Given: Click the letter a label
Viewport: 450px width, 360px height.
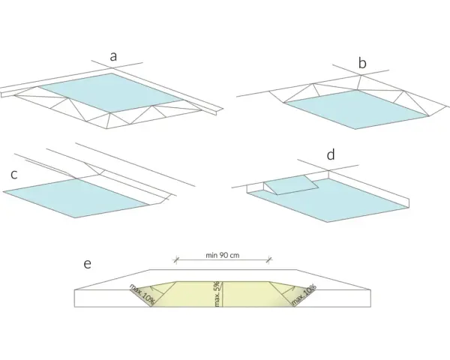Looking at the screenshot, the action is (x=113, y=57).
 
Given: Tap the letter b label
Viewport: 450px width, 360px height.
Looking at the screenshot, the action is (x=362, y=62).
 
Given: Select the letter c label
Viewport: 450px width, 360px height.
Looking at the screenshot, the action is (x=14, y=175).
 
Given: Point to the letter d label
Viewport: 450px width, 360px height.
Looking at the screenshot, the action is (x=331, y=154).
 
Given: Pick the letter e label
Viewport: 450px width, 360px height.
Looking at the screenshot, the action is (x=88, y=264).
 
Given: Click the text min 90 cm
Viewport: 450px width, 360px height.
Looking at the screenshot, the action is (x=223, y=255).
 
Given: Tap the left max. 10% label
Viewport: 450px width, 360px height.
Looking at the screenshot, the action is (x=142, y=294).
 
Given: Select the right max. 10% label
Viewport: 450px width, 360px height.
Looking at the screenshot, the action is (x=304, y=295).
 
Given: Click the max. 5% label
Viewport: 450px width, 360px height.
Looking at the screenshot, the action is (x=217, y=294).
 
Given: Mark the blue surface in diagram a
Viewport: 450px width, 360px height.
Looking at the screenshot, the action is (x=111, y=92).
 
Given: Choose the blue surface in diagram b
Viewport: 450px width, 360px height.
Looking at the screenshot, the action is (x=356, y=109).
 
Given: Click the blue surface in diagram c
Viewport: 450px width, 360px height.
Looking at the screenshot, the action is (x=76, y=198).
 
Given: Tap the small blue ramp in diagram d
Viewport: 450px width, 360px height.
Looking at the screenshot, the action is (x=291, y=185).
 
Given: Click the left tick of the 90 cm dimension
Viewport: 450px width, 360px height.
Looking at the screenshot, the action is (x=176, y=260).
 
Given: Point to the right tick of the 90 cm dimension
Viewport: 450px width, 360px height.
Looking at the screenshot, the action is (x=269, y=260).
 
